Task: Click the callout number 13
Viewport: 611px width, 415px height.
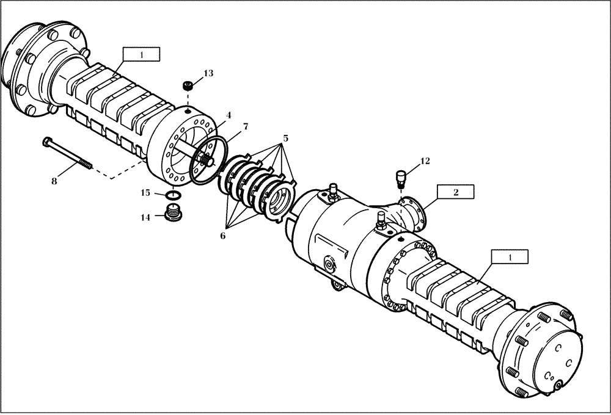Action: [x=208, y=73]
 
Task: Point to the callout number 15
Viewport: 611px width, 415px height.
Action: [x=145, y=193]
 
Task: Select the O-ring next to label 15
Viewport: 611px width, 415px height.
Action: [x=173, y=195]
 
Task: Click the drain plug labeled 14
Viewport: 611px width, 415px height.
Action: [x=175, y=213]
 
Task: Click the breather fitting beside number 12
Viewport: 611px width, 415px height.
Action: [x=401, y=178]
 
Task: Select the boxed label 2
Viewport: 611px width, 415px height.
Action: [x=455, y=191]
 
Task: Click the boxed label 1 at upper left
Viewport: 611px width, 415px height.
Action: [x=141, y=54]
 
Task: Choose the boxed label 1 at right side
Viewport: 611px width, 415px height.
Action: [x=510, y=258]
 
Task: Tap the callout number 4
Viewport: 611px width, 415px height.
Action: [x=228, y=115]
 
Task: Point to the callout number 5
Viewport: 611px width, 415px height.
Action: [x=284, y=138]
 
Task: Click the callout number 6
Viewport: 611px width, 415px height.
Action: [x=222, y=236]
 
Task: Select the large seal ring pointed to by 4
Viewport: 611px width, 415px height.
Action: [x=208, y=160]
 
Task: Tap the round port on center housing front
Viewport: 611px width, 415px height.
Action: [x=331, y=264]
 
